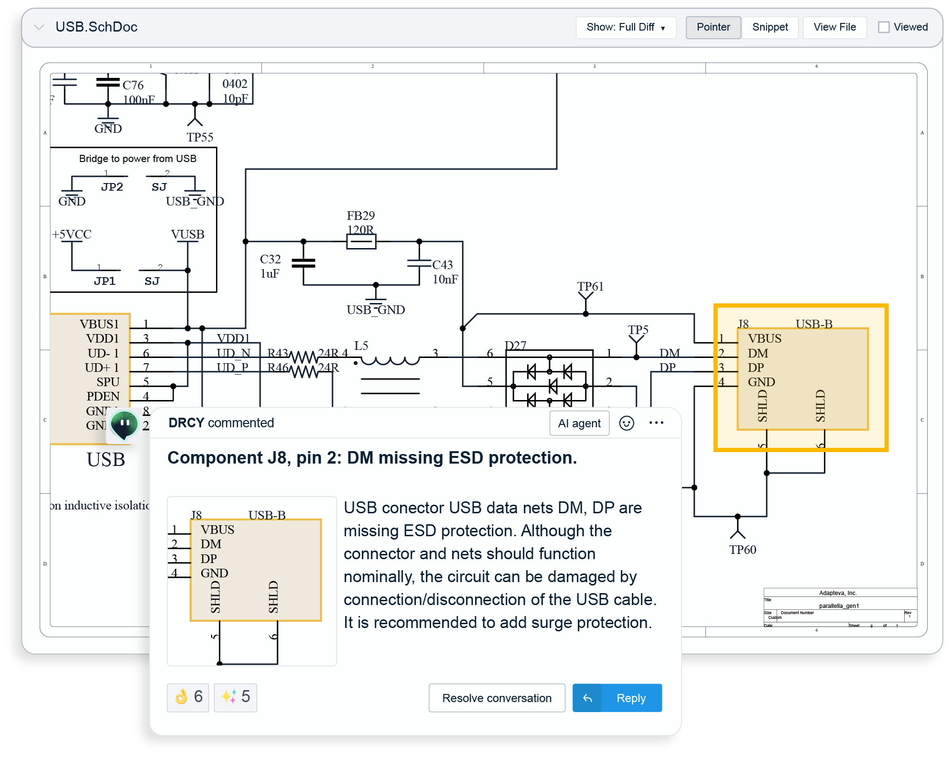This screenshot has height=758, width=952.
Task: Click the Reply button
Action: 617,698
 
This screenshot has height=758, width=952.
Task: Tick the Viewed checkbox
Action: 884,27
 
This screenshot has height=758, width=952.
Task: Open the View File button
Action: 834,27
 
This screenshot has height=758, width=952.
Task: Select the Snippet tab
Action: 769,27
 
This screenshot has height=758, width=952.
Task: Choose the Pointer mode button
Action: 713,27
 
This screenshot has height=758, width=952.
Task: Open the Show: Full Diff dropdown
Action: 626,27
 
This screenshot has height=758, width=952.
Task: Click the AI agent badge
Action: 579,423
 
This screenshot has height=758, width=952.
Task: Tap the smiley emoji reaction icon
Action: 627,423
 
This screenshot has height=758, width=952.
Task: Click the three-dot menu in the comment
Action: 656,422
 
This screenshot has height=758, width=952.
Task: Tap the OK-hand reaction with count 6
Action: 188,697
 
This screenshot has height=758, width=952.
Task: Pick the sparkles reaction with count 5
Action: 235,697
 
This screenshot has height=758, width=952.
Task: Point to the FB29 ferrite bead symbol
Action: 361,241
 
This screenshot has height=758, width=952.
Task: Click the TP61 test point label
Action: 590,286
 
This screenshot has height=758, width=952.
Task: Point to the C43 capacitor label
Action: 443,265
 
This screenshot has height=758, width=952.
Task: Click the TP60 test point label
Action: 742,550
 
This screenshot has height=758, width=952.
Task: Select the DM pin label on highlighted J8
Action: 758,353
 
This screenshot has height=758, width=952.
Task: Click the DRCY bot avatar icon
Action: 124,424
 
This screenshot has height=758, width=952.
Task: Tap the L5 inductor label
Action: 361,346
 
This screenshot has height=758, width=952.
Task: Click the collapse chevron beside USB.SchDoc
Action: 39,27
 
